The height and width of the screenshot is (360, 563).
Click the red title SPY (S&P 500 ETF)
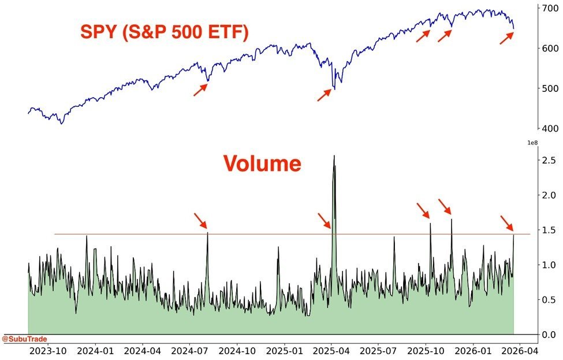tap(165, 31)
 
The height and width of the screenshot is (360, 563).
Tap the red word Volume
tap(262, 164)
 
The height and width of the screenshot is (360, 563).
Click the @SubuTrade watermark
tap(25, 339)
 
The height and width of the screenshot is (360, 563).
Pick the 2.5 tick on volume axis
tap(549, 160)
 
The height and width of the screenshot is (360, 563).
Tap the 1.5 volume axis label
tap(549, 230)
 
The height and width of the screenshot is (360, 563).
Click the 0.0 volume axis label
tap(549, 335)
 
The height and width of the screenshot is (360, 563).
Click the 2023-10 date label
tap(48, 350)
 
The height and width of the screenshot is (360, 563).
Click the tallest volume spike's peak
tap(334, 156)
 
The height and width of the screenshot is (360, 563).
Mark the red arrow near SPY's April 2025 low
tap(325, 95)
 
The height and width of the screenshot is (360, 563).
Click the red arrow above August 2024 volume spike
tap(200, 220)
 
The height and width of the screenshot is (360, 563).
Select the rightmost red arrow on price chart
tap(506, 38)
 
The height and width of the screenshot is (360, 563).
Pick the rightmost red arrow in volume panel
tap(506, 223)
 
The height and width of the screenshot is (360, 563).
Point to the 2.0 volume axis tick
tap(549, 195)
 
